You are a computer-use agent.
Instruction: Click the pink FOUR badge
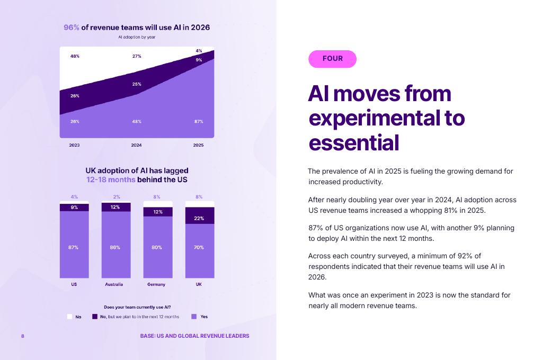point(332,59)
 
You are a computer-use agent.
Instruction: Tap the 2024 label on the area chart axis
point(136,145)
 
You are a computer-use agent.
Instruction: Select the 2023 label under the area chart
point(74,145)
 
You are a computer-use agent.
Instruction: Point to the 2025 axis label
point(198,145)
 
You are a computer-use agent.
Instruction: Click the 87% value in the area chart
point(199,122)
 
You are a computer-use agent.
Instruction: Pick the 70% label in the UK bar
point(199,247)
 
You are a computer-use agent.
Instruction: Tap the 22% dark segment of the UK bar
point(199,218)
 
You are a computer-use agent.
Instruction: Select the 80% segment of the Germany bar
point(157,247)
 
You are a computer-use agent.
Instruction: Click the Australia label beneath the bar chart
point(114,284)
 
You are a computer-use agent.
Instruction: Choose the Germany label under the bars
point(156,284)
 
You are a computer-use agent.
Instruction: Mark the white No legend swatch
point(69,317)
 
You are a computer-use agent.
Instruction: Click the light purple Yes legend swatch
point(194,317)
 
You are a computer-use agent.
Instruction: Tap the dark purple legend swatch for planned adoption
point(95,317)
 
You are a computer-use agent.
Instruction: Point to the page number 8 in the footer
point(23,336)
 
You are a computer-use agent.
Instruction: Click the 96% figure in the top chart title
point(72,28)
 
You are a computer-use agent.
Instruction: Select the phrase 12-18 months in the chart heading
point(111,179)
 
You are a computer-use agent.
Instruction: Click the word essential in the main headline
point(353,142)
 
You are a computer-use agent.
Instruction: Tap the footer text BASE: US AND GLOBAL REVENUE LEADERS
point(194,336)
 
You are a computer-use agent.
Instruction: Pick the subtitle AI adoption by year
point(137,37)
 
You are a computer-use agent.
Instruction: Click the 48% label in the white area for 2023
point(75,56)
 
